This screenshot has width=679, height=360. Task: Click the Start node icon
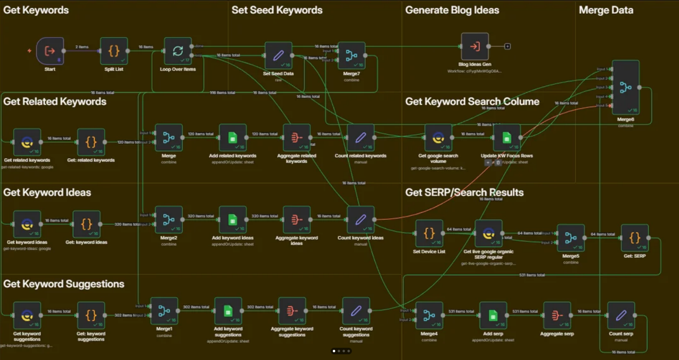(x=50, y=51)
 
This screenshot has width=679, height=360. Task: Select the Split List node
(x=114, y=51)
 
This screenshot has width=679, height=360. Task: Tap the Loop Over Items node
(x=178, y=51)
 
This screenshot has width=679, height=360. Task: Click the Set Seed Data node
(x=278, y=55)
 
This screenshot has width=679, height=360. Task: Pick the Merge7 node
(x=351, y=55)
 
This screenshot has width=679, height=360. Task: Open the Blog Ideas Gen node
(x=475, y=46)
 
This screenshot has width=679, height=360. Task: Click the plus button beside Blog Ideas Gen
(x=508, y=46)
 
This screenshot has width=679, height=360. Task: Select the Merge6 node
(x=626, y=87)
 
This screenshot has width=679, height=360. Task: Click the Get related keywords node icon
(x=27, y=142)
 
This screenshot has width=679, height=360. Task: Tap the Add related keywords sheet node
(x=233, y=138)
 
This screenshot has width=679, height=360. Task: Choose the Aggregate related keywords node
(x=297, y=138)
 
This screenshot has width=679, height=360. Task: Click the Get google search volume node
(x=438, y=138)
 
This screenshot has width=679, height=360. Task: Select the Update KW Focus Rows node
(x=507, y=138)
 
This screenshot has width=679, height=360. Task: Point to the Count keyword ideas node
(x=360, y=220)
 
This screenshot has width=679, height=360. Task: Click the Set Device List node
(x=429, y=233)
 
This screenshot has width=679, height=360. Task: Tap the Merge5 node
(x=571, y=238)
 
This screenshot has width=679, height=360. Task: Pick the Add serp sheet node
(x=493, y=315)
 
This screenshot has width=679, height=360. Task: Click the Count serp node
(x=621, y=315)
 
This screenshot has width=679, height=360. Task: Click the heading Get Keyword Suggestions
(x=64, y=284)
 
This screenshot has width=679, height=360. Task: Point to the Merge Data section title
(x=606, y=10)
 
